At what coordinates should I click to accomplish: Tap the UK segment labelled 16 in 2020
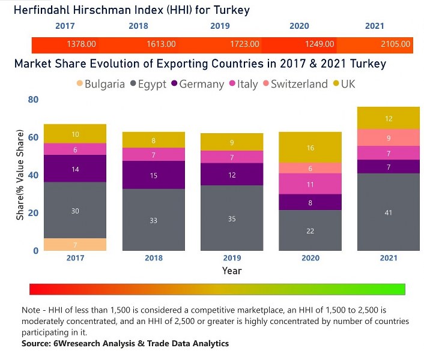coord(310,148)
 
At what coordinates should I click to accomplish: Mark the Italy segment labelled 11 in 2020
coord(310,184)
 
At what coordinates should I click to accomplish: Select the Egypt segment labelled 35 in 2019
coord(232,218)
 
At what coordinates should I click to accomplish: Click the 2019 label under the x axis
coord(232,259)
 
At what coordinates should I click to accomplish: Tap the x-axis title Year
coord(232,271)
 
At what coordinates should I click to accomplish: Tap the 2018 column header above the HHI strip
coord(138,26)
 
